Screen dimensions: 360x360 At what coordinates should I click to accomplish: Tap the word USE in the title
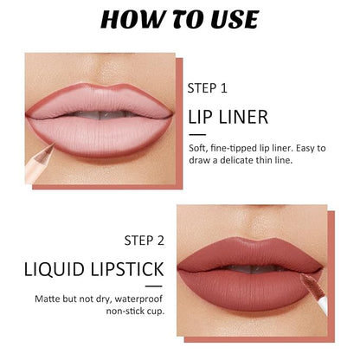(235, 19)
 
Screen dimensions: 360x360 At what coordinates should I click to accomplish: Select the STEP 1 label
(208, 88)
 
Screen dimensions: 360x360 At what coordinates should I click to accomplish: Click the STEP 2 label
(145, 241)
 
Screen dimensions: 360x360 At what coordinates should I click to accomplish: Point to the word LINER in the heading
(244, 117)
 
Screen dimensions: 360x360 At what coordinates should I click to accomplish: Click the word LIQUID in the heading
(54, 269)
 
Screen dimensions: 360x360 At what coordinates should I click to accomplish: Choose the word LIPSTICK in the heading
(127, 269)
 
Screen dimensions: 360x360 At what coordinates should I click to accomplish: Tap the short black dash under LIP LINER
(197, 134)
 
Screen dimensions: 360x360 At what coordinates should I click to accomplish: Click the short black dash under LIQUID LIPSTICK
(154, 286)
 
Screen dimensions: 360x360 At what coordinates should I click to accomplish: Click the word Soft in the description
(198, 148)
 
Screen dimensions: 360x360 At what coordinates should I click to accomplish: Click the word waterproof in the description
(138, 299)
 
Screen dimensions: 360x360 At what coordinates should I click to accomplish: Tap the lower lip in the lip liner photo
(98, 137)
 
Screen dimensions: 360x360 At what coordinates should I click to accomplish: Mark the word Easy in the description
(305, 149)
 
